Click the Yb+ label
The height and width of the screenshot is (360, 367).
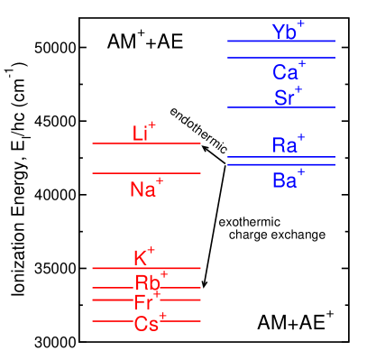pyautogui.click(x=288, y=32)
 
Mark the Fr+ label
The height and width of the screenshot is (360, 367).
pyautogui.click(x=147, y=302)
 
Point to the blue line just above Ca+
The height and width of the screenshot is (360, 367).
pyautogui.click(x=280, y=58)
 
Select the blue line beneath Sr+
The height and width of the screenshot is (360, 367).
pyautogui.click(x=280, y=107)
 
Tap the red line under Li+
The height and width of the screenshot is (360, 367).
pyautogui.click(x=146, y=143)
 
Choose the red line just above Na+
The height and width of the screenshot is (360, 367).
pyautogui.click(x=146, y=173)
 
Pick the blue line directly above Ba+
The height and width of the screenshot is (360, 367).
pyautogui.click(x=280, y=165)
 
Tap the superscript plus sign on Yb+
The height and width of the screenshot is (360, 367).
pyautogui.click(x=301, y=23)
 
